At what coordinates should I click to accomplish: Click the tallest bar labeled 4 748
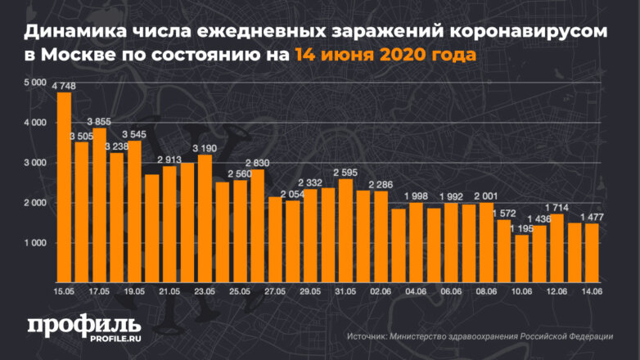click(64, 188)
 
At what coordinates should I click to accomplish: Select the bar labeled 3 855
click(99, 205)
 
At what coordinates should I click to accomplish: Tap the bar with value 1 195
click(521, 258)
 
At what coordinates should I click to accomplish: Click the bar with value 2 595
click(345, 229)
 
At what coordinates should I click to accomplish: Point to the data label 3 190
click(205, 148)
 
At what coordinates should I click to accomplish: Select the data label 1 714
click(556, 208)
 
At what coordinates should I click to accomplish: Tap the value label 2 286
click(381, 184)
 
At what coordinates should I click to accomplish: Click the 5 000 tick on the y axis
click(36, 83)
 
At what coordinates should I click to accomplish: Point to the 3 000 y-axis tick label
click(36, 163)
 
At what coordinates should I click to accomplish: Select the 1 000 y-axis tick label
click(36, 243)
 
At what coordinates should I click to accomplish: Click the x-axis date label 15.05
click(64, 290)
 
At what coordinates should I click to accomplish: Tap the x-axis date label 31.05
click(345, 290)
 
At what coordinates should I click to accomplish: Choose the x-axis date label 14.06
click(592, 290)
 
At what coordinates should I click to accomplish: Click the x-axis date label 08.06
click(486, 290)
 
